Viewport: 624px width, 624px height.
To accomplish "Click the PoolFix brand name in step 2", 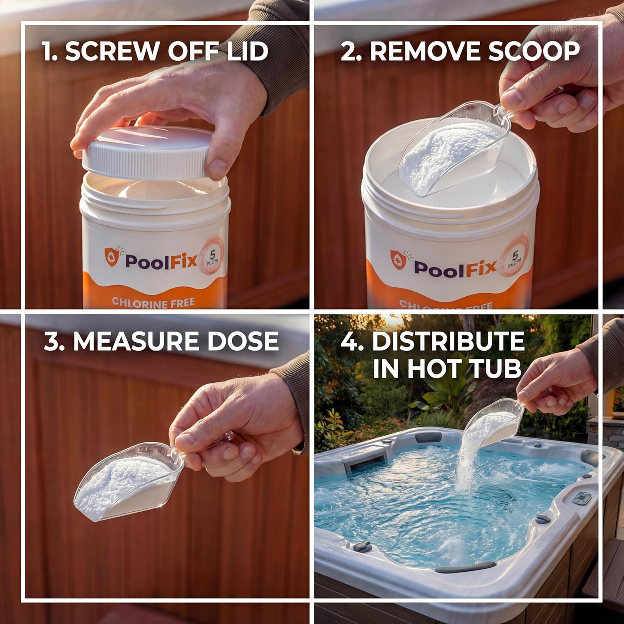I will point(456,267).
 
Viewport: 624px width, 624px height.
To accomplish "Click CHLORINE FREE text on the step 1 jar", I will point(153,302).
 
